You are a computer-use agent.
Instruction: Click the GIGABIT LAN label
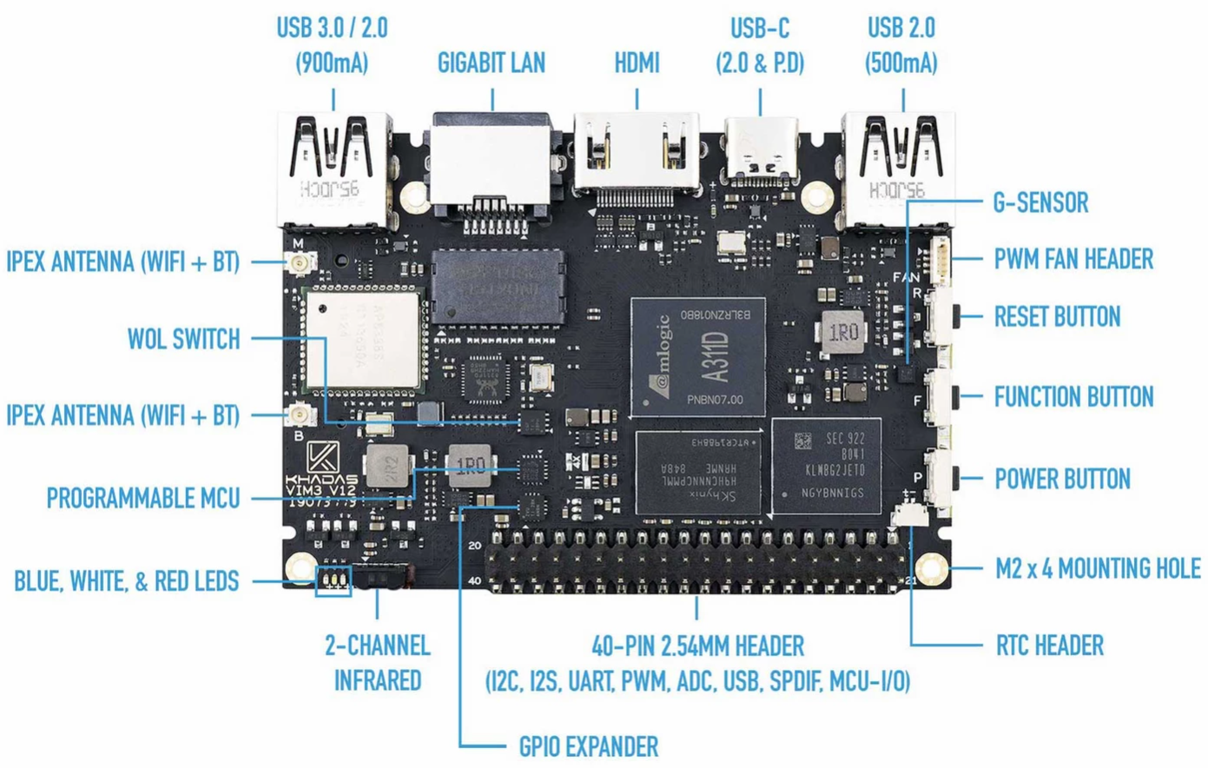click(x=491, y=63)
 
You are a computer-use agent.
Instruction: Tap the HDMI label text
click(x=637, y=63)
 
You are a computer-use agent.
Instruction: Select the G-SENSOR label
click(x=1040, y=202)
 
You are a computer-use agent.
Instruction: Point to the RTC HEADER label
click(x=1049, y=646)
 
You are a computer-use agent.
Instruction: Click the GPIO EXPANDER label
click(x=588, y=746)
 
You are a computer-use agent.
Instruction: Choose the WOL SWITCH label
click(x=183, y=338)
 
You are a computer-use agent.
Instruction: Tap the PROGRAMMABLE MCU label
click(x=142, y=499)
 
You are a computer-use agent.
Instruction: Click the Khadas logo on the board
click(x=323, y=458)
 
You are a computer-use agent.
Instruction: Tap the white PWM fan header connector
click(x=940, y=259)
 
